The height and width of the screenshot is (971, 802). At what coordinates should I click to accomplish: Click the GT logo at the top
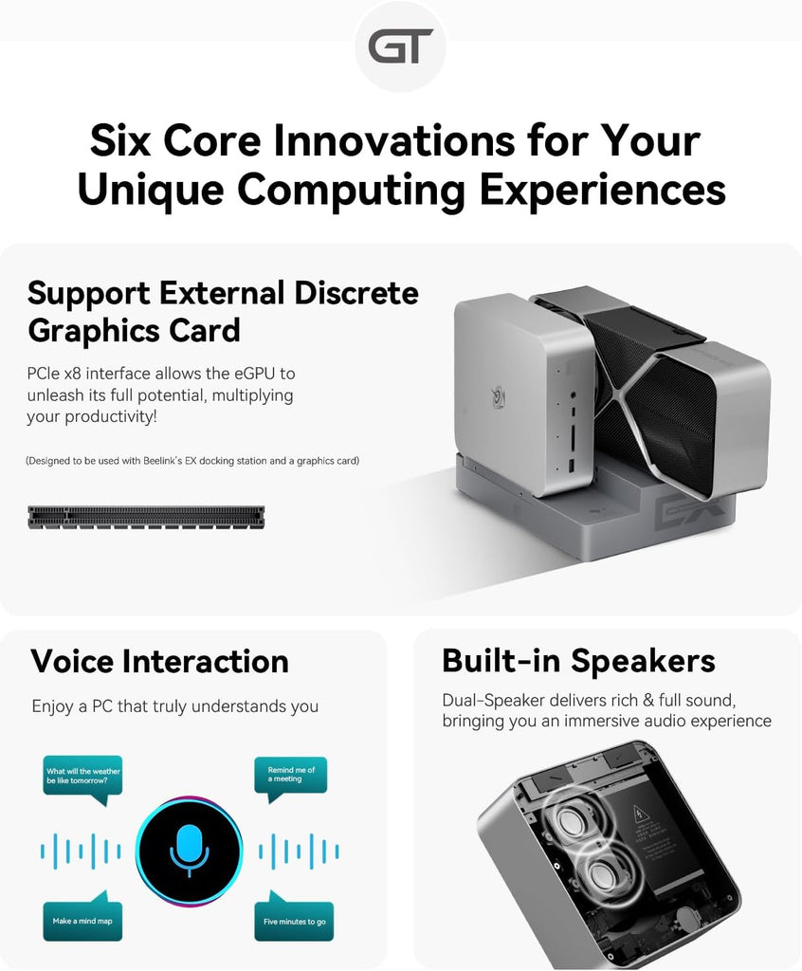[x=400, y=47]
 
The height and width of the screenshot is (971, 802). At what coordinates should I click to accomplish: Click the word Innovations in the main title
[x=393, y=140]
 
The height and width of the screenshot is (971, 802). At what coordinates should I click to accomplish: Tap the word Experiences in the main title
[x=602, y=189]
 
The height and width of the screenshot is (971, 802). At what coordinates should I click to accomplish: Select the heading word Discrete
[x=356, y=292]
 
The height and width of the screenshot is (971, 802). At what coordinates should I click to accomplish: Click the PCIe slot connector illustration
[x=146, y=517]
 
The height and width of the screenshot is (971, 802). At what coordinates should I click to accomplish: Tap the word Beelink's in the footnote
[x=162, y=461]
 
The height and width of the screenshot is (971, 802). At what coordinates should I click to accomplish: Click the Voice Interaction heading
[x=160, y=661]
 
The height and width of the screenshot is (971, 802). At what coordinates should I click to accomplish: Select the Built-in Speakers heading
[x=578, y=660]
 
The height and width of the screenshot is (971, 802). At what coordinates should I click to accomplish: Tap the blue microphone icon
[x=190, y=851]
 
